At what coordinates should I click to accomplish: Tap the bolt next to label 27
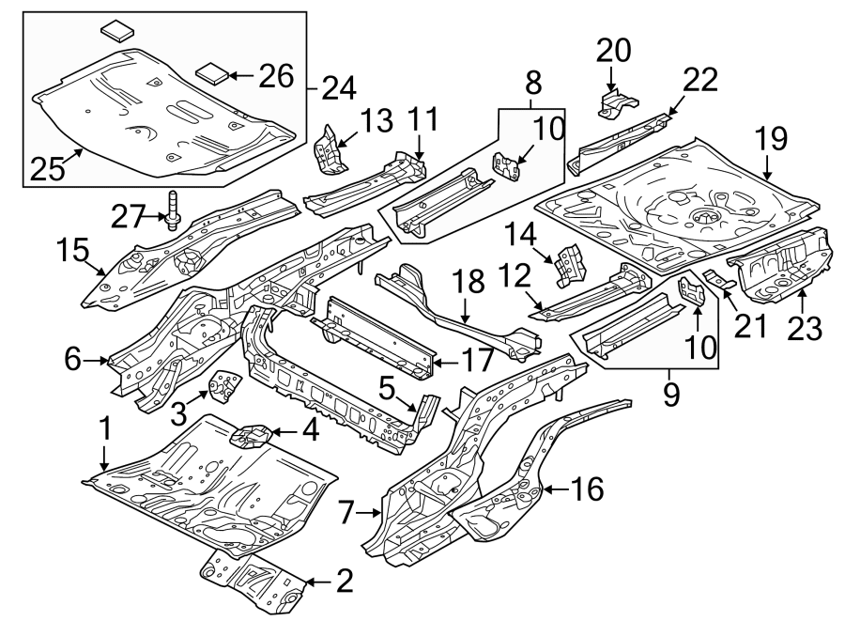(x=174, y=215)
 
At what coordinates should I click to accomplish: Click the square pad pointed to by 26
(x=213, y=73)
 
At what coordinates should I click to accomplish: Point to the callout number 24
(x=338, y=89)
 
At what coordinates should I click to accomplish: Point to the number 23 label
(x=806, y=329)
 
